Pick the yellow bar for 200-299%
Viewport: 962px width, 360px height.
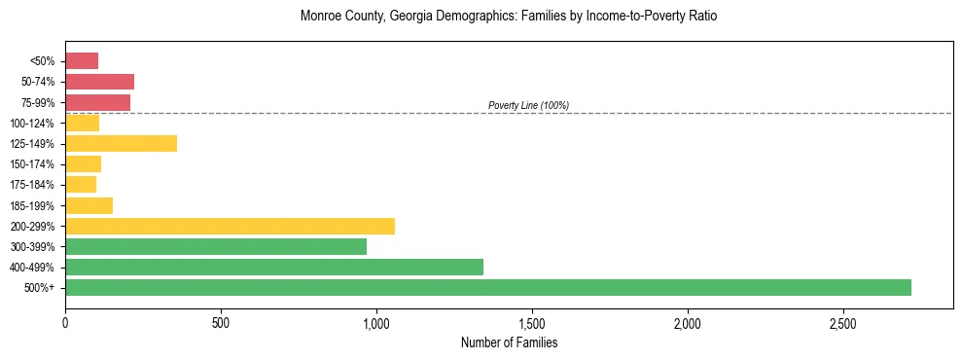[230, 226]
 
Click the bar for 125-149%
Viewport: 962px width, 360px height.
[121, 143]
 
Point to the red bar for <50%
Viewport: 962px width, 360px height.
[82, 61]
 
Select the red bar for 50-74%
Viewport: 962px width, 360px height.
[99, 82]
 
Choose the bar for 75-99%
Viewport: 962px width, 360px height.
[97, 102]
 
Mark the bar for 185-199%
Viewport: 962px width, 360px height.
[89, 205]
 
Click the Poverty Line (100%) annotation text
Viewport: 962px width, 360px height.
[528, 105]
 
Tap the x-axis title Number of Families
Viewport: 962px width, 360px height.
[509, 342]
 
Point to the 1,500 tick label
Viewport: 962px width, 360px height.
[532, 322]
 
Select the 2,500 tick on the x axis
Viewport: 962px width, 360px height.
[843, 322]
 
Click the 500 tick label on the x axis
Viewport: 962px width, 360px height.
[221, 322]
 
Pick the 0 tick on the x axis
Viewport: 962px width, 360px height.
[65, 322]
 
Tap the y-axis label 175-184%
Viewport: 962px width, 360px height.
[32, 185]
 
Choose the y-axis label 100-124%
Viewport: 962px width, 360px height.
[32, 124]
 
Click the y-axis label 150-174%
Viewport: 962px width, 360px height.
[32, 164]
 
